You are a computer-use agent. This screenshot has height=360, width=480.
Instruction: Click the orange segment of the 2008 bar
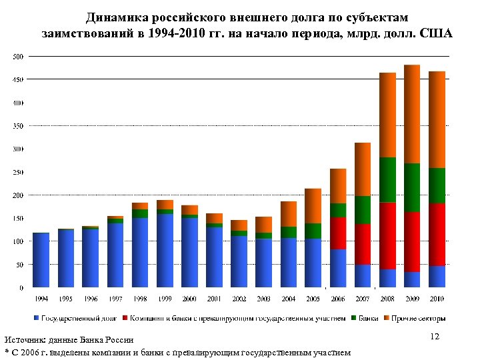(x=387, y=115)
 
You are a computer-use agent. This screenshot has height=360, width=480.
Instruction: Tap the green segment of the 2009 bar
(x=412, y=187)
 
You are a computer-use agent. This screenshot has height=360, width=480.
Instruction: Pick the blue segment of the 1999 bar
(x=165, y=250)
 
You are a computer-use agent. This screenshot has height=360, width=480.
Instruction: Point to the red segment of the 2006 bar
(x=338, y=233)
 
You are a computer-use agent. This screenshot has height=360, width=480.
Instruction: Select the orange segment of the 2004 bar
(x=289, y=214)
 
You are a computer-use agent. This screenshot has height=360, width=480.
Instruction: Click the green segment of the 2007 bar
(x=363, y=210)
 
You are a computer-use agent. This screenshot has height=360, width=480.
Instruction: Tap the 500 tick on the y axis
(x=17, y=57)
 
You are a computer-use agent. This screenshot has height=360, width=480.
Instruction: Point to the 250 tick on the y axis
(x=17, y=172)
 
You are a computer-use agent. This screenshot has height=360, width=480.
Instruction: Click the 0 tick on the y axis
(x=21, y=288)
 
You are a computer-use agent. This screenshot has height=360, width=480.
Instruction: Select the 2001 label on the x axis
(x=214, y=298)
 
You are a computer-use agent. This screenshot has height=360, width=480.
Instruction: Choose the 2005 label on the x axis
(x=313, y=298)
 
